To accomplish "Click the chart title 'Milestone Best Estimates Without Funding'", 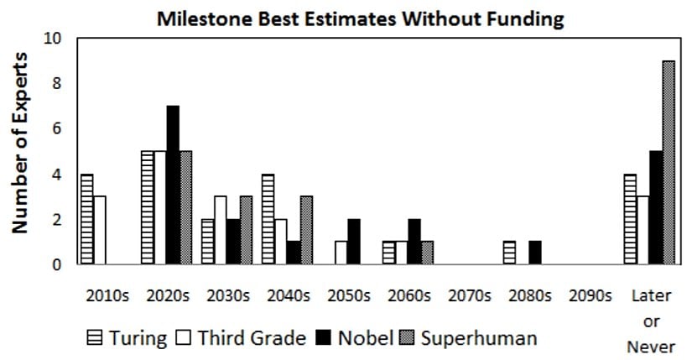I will click(361, 18).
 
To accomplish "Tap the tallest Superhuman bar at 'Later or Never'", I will click(669, 163).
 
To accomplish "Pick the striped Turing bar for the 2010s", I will click(87, 219).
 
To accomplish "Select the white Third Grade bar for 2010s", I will click(99, 231).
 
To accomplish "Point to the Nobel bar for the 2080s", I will click(535, 253).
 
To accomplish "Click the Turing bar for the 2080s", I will click(510, 253).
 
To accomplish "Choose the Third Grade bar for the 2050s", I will click(341, 253).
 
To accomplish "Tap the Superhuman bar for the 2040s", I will click(306, 231).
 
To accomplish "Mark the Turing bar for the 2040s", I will click(268, 219).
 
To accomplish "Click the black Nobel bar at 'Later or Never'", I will click(657, 208).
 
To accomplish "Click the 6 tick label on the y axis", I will click(56, 129).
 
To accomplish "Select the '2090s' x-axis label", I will click(590, 296).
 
